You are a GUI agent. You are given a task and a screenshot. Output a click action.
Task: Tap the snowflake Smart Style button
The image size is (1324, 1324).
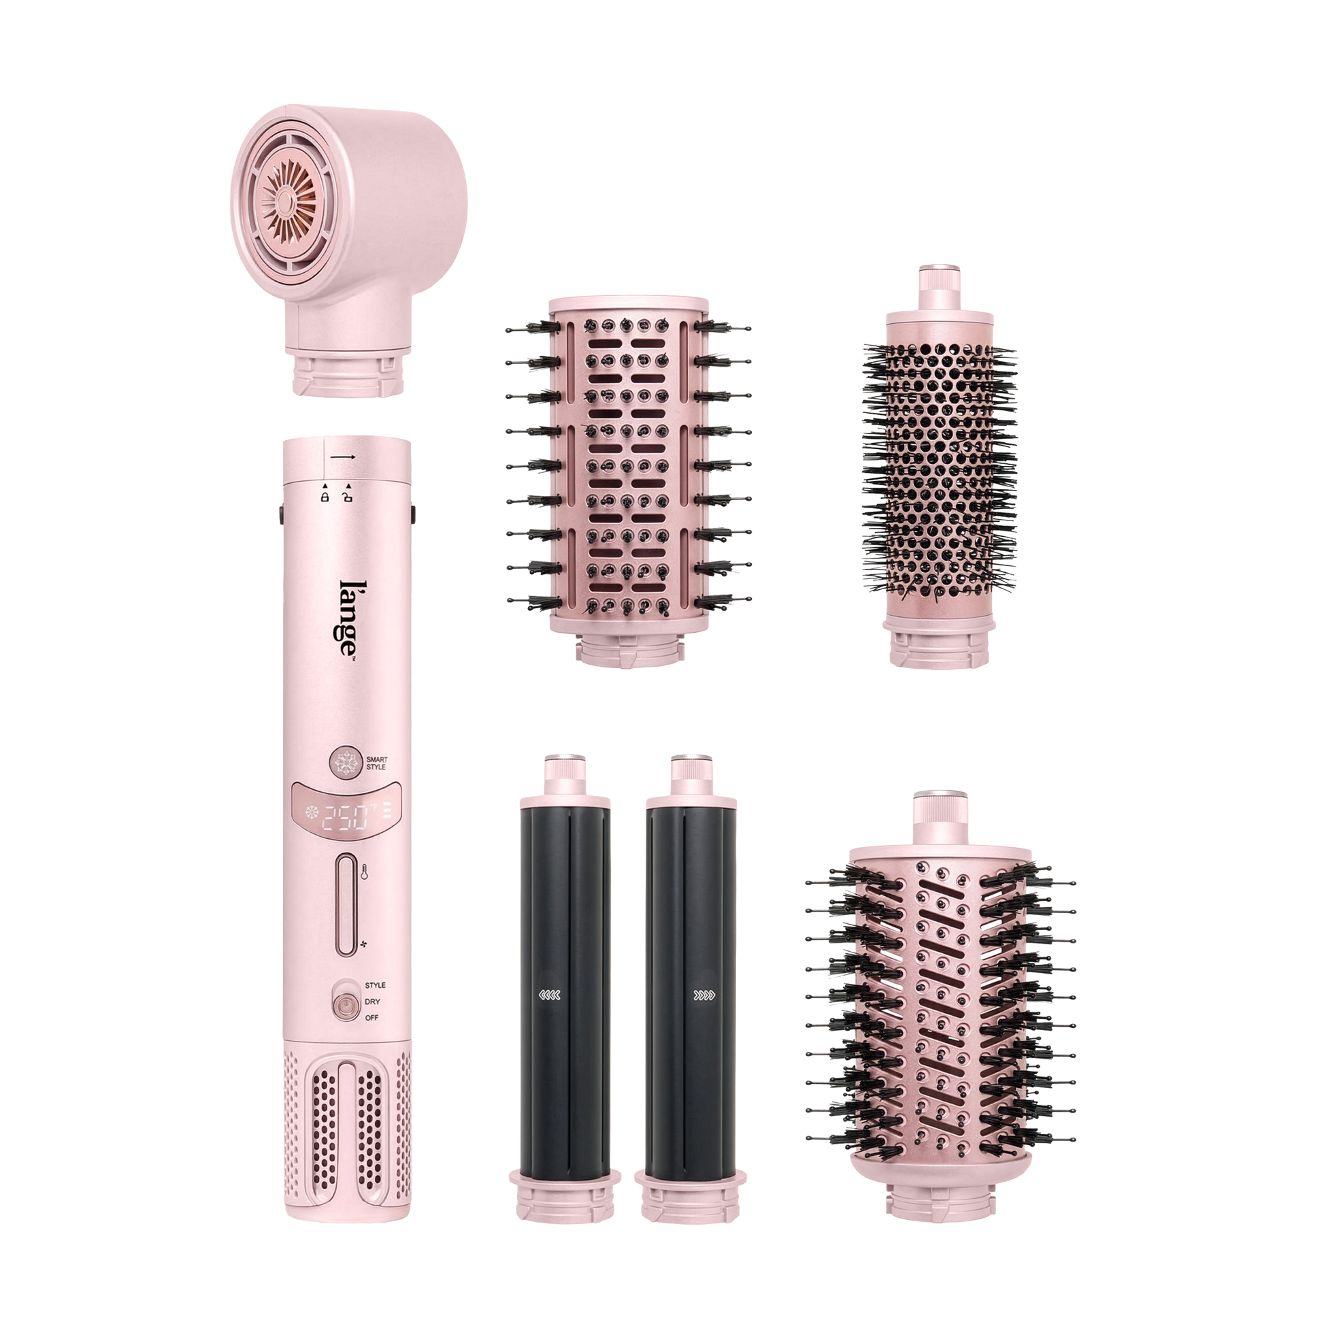(x=345, y=762)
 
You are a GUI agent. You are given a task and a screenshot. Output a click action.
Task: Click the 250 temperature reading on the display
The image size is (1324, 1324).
(x=347, y=816)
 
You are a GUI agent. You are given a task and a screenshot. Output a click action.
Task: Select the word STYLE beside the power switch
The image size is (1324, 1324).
(x=375, y=985)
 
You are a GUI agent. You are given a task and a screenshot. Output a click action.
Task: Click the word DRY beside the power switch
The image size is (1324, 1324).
(x=373, y=1002)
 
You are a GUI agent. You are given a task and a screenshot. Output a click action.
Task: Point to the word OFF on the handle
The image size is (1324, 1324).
(x=372, y=1018)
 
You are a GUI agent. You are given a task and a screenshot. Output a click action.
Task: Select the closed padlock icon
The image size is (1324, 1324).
(x=325, y=495)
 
